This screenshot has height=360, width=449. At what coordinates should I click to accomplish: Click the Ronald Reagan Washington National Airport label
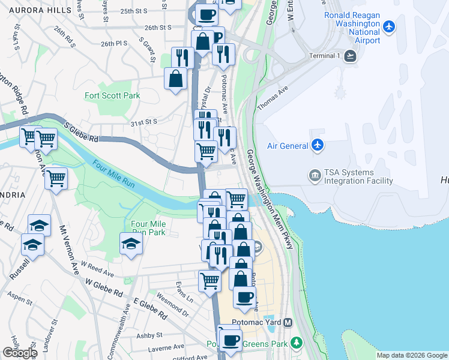(x=352, y=28)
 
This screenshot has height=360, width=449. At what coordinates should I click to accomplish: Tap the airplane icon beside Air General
(x=318, y=145)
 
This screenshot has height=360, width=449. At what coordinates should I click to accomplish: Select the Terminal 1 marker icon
(x=350, y=56)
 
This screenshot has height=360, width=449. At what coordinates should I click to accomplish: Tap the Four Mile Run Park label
(x=148, y=228)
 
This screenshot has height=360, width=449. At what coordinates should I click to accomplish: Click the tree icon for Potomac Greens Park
(x=296, y=343)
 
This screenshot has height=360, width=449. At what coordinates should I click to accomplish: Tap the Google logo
(x=20, y=353)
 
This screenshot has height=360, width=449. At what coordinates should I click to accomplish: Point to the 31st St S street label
(x=143, y=122)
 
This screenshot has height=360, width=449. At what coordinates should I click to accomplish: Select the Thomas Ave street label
(x=273, y=96)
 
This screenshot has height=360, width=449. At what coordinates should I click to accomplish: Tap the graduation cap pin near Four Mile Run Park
(x=130, y=244)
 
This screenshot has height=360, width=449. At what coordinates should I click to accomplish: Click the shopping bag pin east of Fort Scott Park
(x=175, y=79)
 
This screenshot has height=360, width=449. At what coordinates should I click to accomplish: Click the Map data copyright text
(x=411, y=355)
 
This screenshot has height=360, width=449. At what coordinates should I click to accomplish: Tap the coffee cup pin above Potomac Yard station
(x=244, y=297)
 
